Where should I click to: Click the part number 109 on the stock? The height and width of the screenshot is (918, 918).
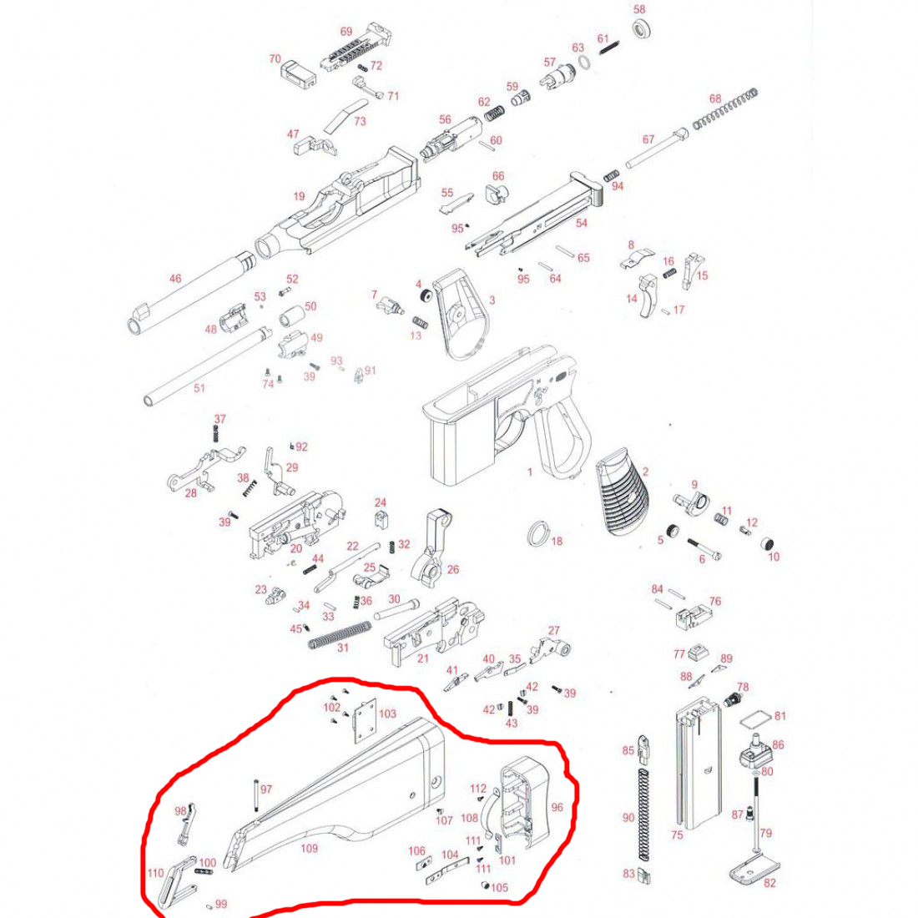point(309,848)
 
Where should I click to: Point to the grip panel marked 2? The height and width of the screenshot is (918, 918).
point(623,491)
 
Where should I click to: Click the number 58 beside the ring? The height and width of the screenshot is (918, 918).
point(639,9)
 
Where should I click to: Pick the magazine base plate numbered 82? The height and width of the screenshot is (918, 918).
point(754,870)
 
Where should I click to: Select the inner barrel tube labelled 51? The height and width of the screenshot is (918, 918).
point(209,366)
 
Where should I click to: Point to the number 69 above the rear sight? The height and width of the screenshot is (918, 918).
point(346,32)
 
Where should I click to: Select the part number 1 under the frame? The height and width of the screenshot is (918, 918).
point(530,472)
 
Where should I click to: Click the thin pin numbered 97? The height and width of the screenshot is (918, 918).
point(256,795)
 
